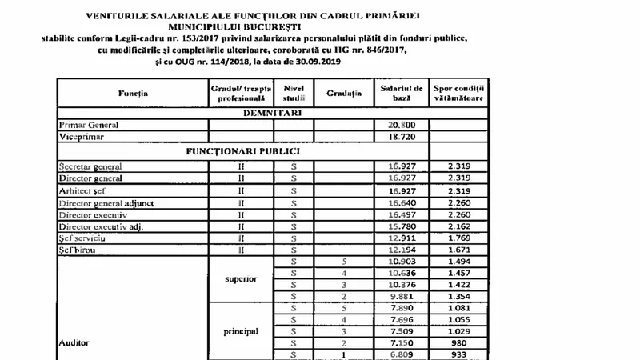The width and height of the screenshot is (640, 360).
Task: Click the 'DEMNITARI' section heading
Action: pyautogui.click(x=271, y=114)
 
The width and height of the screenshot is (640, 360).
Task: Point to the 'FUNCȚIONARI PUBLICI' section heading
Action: pyautogui.click(x=243, y=150)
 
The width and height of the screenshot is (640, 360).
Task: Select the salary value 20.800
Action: pyautogui.click(x=401, y=126)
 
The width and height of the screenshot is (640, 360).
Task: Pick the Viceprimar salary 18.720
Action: pyautogui.click(x=401, y=138)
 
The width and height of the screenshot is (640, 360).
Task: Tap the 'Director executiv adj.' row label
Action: pyautogui.click(x=102, y=227)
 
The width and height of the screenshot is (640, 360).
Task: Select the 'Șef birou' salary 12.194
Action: pyautogui.click(x=401, y=250)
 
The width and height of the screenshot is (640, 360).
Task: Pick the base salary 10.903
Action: pyautogui.click(x=401, y=262)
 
